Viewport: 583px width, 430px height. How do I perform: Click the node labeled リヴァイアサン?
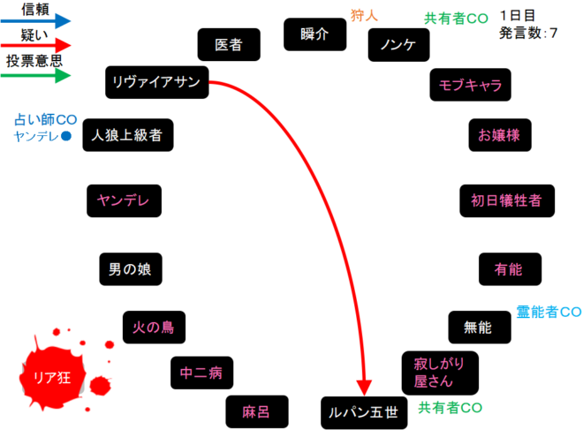click(x=158, y=82)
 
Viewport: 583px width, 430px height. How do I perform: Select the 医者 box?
click(x=229, y=44)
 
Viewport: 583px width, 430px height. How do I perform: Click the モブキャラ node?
click(x=469, y=85)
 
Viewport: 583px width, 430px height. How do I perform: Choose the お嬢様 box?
click(x=500, y=135)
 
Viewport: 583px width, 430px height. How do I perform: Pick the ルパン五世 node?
click(x=363, y=411)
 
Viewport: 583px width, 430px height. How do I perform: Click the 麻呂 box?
click(x=256, y=411)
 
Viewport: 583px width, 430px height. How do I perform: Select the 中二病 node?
click(x=201, y=373)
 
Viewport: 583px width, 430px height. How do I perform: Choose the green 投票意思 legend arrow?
click(x=35, y=76)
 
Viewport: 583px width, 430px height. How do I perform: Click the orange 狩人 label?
click(x=364, y=14)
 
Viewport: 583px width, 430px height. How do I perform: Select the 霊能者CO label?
click(x=548, y=312)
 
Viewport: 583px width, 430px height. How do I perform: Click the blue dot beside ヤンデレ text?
click(x=64, y=136)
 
